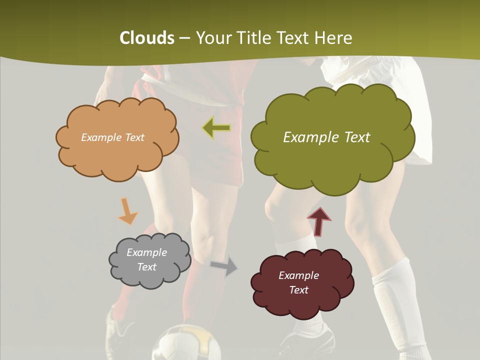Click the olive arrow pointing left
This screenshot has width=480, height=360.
[x=216, y=128]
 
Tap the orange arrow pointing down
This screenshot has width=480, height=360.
[x=127, y=210]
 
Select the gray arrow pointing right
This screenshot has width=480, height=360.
[x=223, y=266]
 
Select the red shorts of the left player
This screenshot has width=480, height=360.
[x=210, y=160]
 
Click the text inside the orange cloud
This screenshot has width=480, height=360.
[x=112, y=137]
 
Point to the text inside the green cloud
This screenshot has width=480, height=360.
[x=326, y=137]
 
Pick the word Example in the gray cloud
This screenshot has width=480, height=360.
[x=146, y=252]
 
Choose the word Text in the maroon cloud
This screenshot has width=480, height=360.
[x=298, y=290]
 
